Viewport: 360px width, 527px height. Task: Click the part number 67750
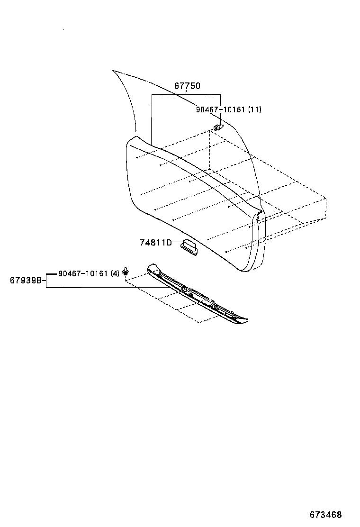tap(187, 86)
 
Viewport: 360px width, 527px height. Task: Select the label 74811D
tap(155, 242)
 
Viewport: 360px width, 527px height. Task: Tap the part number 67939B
tap(26, 280)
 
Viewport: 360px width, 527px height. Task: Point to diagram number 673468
tap(325, 515)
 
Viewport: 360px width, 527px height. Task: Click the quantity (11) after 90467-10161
tap(254, 109)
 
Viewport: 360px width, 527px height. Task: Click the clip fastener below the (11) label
tap(218, 127)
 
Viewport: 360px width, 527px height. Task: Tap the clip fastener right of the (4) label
tap(126, 271)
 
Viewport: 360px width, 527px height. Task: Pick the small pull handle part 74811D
tap(189, 245)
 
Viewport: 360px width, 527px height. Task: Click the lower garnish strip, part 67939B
tap(198, 294)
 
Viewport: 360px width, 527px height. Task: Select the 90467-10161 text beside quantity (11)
tap(220, 109)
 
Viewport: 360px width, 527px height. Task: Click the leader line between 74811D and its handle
tap(177, 242)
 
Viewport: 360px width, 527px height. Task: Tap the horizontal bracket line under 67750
tap(186, 95)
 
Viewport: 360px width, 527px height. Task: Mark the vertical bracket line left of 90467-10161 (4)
tap(46, 280)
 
